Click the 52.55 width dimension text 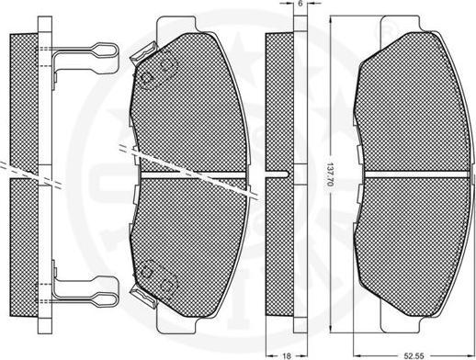pyautogui.click(x=414, y=355)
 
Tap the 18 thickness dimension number pyautogui.click(x=287, y=355)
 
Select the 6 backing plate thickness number pyautogui.click(x=300, y=4)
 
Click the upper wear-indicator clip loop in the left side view pyautogui.click(x=106, y=50)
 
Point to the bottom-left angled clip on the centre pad pyautogui.click(x=143, y=296)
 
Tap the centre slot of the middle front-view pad pyautogui.click(x=193, y=174)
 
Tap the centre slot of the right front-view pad pyautogui.click(x=416, y=174)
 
